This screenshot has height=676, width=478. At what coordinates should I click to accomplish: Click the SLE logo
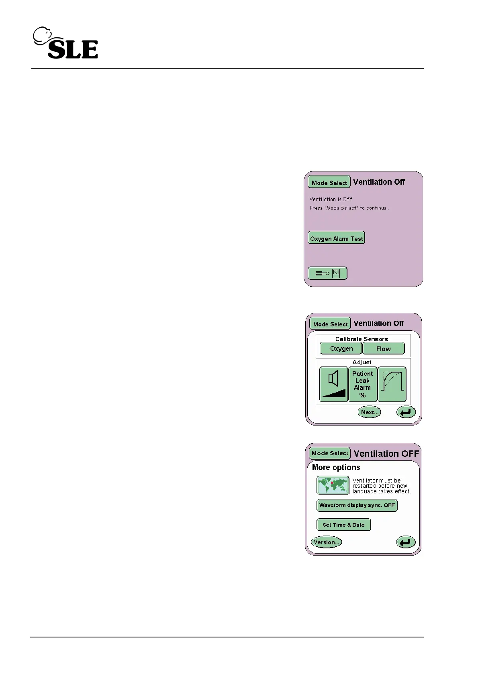[x=65, y=43]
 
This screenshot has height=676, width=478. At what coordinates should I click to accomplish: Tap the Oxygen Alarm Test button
[x=336, y=238]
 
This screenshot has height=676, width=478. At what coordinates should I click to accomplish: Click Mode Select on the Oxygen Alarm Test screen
[x=329, y=182]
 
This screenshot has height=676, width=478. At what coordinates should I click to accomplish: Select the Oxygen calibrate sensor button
[x=341, y=348]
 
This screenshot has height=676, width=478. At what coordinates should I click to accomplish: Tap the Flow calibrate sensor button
[x=383, y=348]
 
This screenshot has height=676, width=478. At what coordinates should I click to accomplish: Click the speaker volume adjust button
[x=333, y=384]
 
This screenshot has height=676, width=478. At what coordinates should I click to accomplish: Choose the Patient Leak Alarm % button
[x=362, y=384]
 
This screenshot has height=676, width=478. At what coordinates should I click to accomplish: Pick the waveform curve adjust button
[x=392, y=384]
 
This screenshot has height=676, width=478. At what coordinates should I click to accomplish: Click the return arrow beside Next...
[x=406, y=412]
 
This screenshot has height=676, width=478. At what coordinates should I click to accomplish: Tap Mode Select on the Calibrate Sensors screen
[x=330, y=324]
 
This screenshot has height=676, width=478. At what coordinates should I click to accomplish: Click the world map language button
[x=333, y=485]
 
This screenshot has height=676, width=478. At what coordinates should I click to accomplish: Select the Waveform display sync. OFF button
[x=357, y=505]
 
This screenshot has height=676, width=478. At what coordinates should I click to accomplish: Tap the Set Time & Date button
[x=343, y=525]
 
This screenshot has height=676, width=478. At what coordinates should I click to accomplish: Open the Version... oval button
[x=326, y=542]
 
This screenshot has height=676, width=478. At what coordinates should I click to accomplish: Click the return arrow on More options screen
[x=405, y=542]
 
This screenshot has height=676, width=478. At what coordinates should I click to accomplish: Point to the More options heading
[x=336, y=467]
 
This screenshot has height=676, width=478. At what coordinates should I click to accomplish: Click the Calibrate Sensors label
[x=362, y=339]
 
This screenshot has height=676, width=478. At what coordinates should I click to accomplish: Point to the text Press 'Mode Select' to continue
[x=349, y=208]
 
